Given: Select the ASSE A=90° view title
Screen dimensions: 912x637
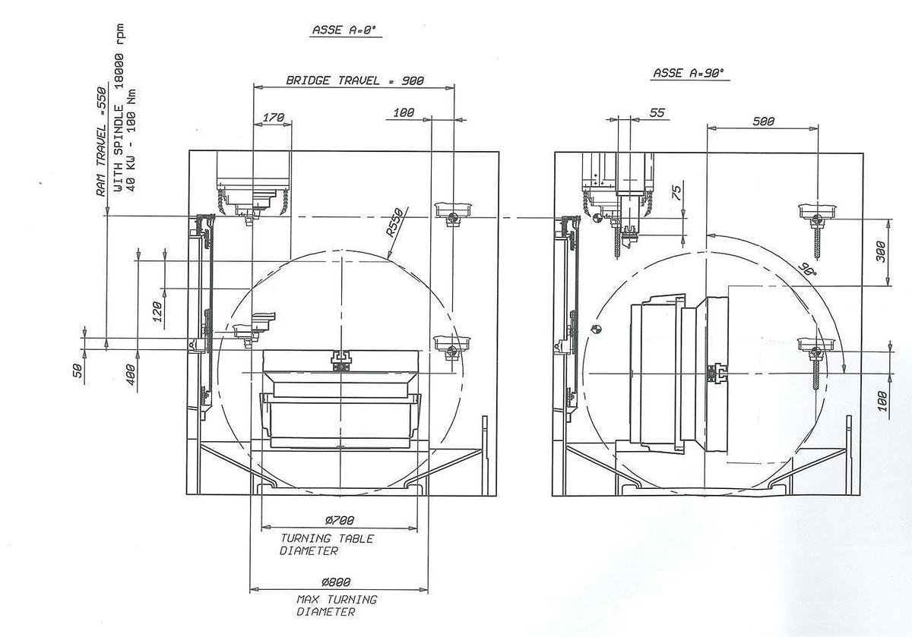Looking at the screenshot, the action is [x=689, y=73].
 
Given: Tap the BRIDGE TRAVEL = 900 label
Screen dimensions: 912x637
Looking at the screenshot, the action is [x=355, y=80].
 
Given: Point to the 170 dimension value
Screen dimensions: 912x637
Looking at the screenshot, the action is [x=273, y=118].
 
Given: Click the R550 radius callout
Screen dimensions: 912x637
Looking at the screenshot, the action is [x=395, y=222].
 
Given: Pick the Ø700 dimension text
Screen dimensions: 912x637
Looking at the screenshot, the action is [x=340, y=520].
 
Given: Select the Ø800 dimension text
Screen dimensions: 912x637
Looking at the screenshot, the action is [x=336, y=582].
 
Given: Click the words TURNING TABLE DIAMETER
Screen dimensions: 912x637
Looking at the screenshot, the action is [x=327, y=544].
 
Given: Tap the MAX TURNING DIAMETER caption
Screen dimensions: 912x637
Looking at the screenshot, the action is [x=337, y=605].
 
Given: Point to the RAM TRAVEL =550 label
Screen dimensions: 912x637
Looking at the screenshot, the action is [x=101, y=142].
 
